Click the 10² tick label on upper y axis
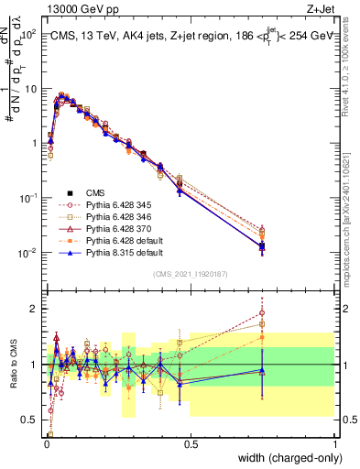coord(27,35)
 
